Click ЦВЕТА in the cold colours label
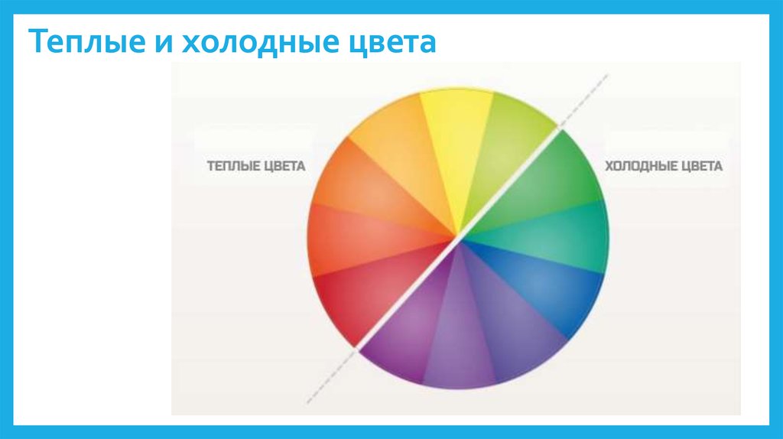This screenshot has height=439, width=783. tap(702, 166)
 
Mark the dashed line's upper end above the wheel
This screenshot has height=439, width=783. tap(608, 76)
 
